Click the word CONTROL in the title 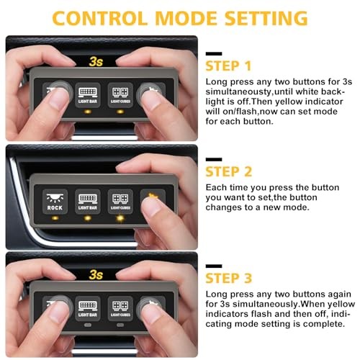point(99,19)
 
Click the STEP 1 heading point(228,66)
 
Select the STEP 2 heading point(229,171)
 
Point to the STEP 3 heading point(229,278)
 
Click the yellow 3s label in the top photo point(96,62)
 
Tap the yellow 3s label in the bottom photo point(96,274)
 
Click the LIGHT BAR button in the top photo point(88,95)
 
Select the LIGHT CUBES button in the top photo point(120,95)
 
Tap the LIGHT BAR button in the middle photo point(88,202)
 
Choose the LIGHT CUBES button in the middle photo point(120,202)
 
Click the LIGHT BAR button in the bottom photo point(88,308)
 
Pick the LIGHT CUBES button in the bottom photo point(120,308)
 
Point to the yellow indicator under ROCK point(55,218)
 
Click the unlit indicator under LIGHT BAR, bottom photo point(88,325)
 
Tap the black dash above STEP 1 point(214,54)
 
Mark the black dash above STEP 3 point(214,266)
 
